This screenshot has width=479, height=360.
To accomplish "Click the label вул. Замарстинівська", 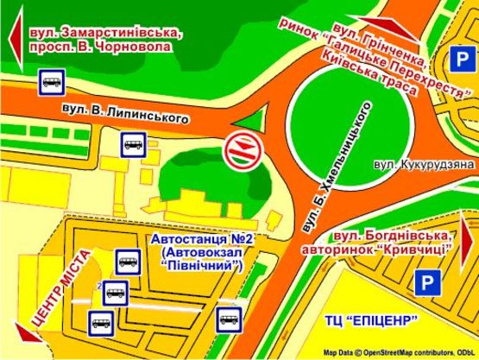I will point(104,32).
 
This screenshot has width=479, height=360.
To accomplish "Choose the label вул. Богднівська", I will point(392,235).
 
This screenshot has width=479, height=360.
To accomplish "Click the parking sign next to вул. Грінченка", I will point(461,60).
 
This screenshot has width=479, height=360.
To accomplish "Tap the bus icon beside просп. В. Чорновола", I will point(49,83).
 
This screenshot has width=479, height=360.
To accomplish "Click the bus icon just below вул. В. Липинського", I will point(133,142).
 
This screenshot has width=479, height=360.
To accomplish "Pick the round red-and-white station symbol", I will point(238,151).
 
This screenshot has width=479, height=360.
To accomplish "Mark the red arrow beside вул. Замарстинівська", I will point(14,39).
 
